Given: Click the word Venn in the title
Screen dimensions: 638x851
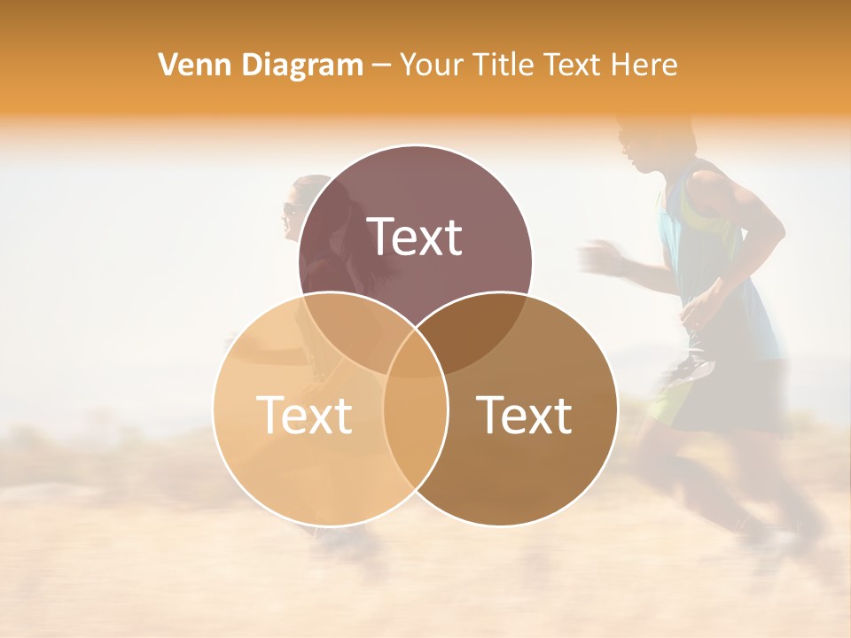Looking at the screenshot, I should [188, 65].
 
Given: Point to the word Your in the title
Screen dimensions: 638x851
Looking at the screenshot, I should [431, 65].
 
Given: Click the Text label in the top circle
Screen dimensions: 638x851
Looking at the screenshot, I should [415, 237].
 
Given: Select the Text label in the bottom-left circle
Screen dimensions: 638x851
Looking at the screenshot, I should [303, 415].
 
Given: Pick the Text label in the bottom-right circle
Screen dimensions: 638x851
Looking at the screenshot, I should [525, 415].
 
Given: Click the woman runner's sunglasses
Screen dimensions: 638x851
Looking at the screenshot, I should [290, 209].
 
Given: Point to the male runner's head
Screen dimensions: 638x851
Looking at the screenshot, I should [643, 142].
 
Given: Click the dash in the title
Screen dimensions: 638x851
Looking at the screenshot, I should [381, 65].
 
